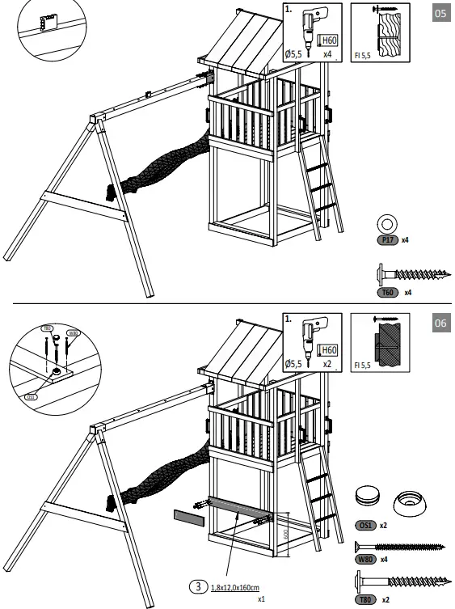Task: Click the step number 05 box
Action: coord(440,15)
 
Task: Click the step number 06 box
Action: coord(440,324)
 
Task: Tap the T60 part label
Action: coord(388,291)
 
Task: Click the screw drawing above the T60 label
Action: coord(412,275)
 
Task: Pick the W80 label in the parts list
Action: coord(365,559)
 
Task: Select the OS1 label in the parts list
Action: coord(365,525)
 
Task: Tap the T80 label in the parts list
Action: coord(365,599)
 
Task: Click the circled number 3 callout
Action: coord(196,587)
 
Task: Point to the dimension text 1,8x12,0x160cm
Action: coord(240,588)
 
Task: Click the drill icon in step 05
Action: coord(306,28)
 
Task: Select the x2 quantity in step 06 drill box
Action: coord(327,365)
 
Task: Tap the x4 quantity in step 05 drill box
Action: coord(327,55)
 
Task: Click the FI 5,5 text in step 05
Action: coord(363,56)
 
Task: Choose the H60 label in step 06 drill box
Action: coord(329,349)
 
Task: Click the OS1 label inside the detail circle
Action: coord(31,395)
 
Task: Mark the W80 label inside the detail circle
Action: coord(72,332)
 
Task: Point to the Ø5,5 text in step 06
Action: coord(294,365)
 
